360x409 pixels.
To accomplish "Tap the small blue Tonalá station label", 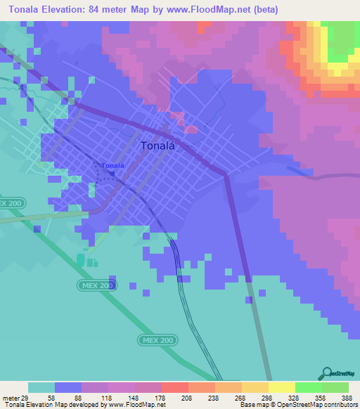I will coord(112,166).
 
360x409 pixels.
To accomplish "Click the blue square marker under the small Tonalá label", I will coord(111,173).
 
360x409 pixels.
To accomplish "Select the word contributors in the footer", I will coord(340,405).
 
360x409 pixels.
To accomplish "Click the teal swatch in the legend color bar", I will coord(41,387).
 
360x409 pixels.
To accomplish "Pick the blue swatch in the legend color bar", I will coord(68,387).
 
